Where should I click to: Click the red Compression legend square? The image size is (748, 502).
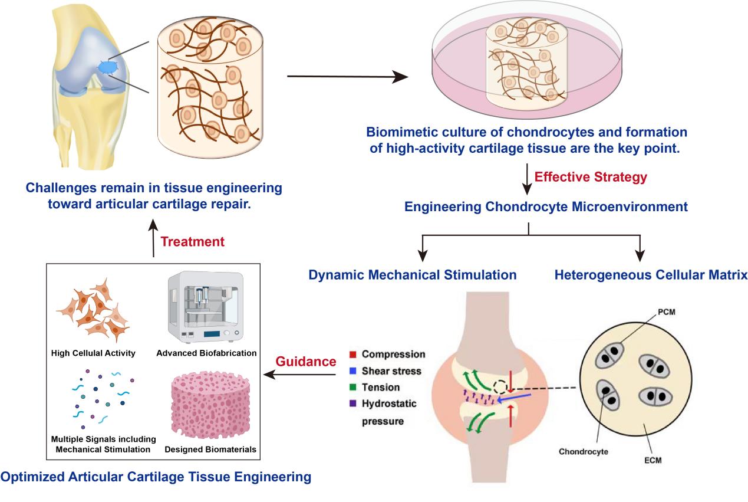(x=353, y=355)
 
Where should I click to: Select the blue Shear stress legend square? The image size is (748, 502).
(x=353, y=371)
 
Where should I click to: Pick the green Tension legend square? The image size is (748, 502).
(x=353, y=388)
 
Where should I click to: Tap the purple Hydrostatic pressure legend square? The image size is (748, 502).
(x=353, y=404)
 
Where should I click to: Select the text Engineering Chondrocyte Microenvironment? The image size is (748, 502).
(x=529, y=206)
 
